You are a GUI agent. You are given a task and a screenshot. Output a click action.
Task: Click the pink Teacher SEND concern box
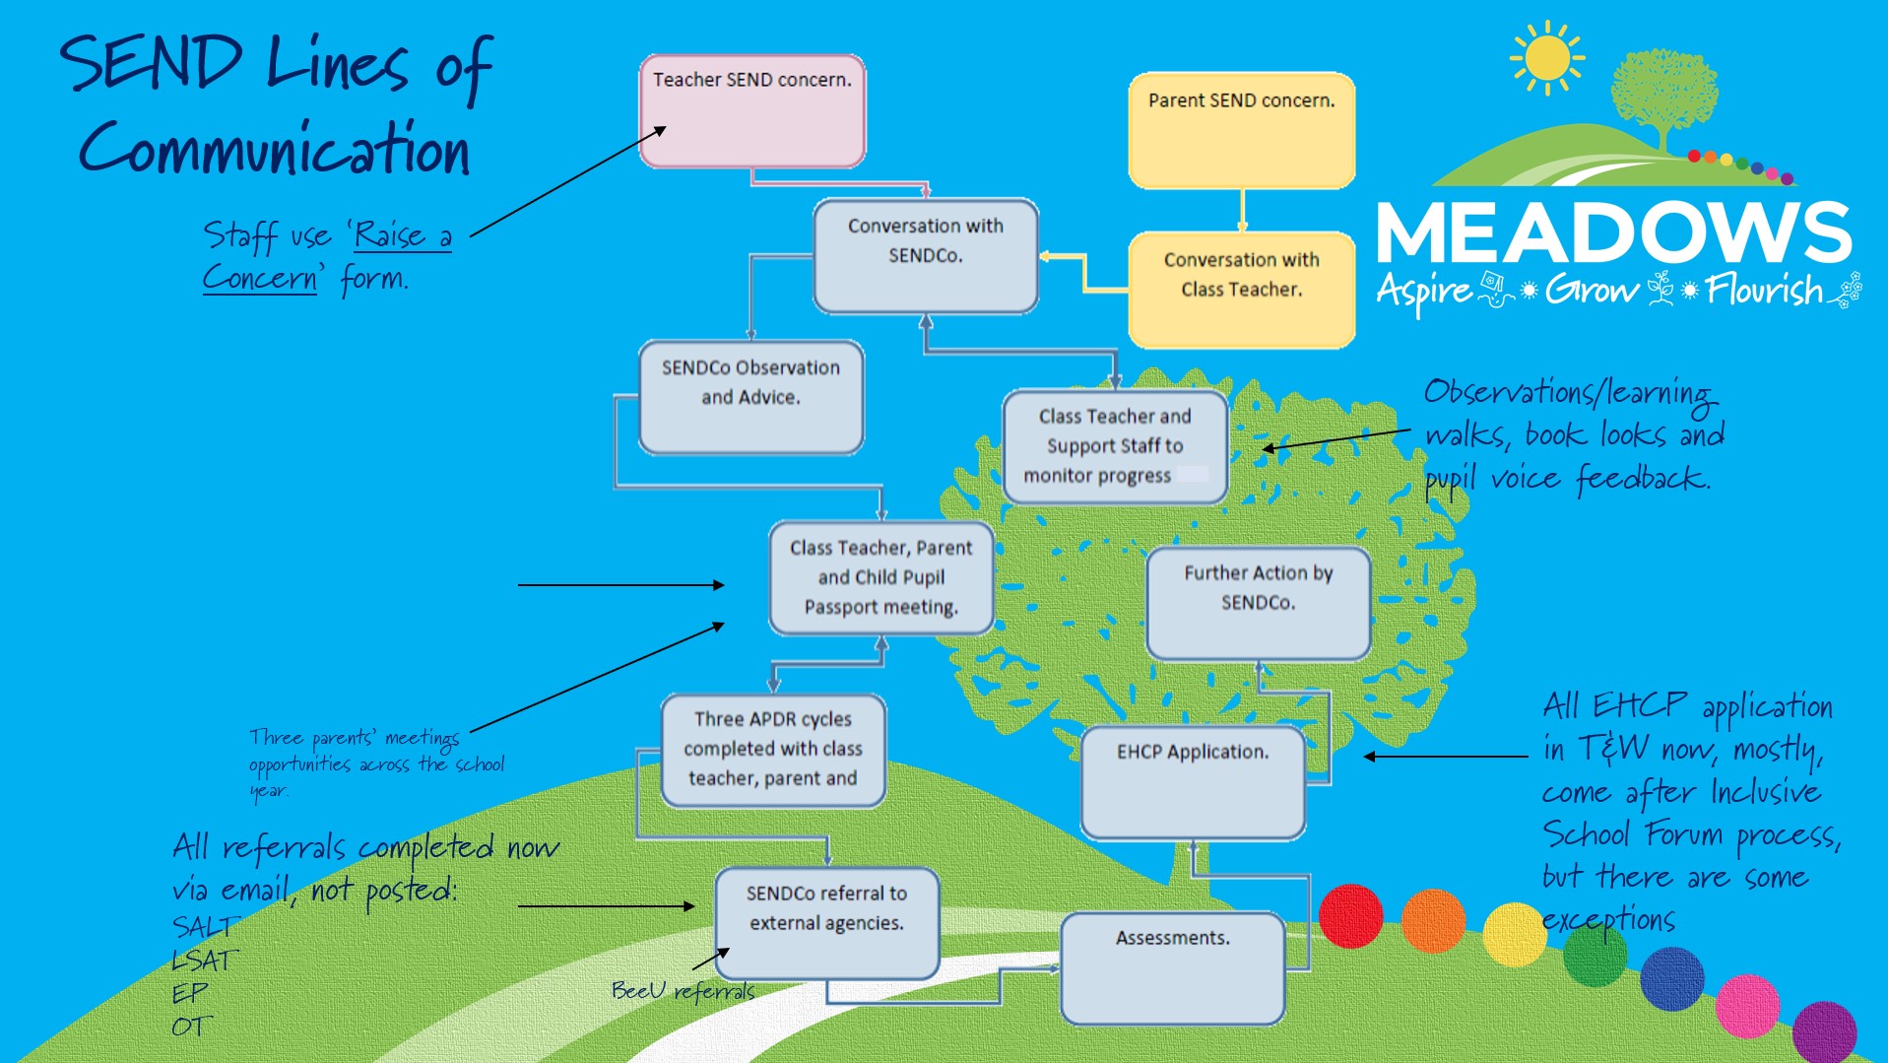[x=752, y=111]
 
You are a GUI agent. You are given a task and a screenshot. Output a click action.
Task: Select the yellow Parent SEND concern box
[x=1241, y=130]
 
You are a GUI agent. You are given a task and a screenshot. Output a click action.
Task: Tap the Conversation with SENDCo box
[x=925, y=256]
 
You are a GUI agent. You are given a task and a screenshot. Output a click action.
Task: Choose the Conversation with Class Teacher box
[x=1241, y=290]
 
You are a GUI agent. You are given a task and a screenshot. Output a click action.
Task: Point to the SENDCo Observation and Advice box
[x=750, y=397]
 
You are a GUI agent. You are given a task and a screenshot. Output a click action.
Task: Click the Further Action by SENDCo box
[x=1258, y=603]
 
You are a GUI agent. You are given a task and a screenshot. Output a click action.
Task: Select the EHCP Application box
[x=1192, y=782]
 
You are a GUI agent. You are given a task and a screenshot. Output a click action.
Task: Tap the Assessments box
[x=1172, y=968]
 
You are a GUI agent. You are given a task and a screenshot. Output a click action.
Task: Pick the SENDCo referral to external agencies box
[x=826, y=922]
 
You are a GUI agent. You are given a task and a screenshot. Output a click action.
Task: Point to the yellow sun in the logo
[x=1546, y=58]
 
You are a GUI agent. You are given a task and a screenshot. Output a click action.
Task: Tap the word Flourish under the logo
[x=1764, y=291]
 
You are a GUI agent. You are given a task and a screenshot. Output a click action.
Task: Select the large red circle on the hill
[x=1350, y=916]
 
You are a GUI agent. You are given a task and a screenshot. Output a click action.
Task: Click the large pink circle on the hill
[x=1747, y=1005]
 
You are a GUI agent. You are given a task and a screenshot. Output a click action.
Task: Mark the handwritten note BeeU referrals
[x=683, y=990]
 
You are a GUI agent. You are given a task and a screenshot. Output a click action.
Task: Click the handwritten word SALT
[x=205, y=927]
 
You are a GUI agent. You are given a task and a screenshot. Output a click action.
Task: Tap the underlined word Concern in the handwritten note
[x=260, y=279]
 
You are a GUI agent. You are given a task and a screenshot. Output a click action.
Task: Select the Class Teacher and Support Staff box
[x=1114, y=446]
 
